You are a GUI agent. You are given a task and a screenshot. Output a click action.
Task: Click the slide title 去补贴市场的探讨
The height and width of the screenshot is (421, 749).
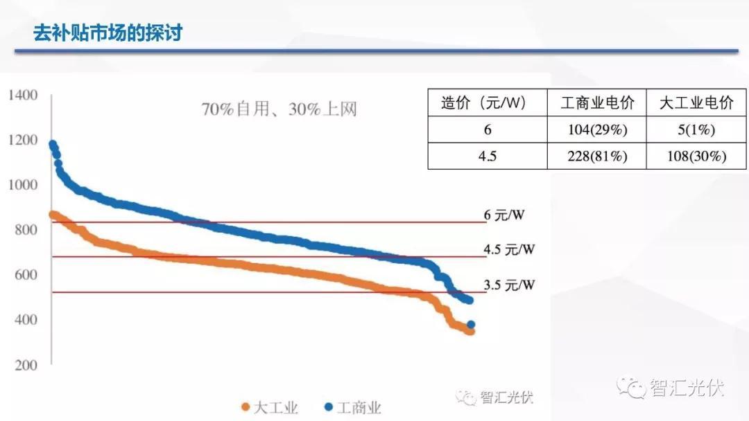point(107,33)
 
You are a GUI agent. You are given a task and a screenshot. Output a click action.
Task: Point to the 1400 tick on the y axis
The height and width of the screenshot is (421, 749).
point(23,95)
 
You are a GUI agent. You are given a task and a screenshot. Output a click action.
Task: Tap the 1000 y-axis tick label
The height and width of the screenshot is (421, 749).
point(23,185)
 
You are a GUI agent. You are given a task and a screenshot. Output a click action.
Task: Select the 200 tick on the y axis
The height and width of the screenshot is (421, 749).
point(26,365)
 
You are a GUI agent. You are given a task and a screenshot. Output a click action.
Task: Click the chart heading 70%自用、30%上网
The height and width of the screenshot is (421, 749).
point(279,109)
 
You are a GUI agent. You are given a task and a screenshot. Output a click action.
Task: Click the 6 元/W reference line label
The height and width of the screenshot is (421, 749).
point(504,215)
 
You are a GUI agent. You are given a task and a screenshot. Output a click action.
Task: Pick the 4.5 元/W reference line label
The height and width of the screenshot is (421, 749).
point(510,249)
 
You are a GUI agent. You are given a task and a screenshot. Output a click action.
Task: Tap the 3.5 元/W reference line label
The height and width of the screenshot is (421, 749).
point(510,285)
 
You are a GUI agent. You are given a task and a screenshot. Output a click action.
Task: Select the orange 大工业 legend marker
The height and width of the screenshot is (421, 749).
point(245,407)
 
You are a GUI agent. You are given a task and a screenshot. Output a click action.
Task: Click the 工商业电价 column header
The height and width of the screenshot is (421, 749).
point(597,103)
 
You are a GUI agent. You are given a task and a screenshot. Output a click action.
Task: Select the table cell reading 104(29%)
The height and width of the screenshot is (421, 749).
point(597,130)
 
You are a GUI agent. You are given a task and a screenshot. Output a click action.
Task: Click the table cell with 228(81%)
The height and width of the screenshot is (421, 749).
point(597,156)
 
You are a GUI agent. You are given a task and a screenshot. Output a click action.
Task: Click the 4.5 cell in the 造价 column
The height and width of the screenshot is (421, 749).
point(487,156)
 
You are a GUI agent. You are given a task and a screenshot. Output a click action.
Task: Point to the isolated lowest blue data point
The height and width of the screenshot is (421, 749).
point(471,325)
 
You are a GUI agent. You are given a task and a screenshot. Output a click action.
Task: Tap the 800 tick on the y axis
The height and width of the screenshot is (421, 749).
point(26,230)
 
